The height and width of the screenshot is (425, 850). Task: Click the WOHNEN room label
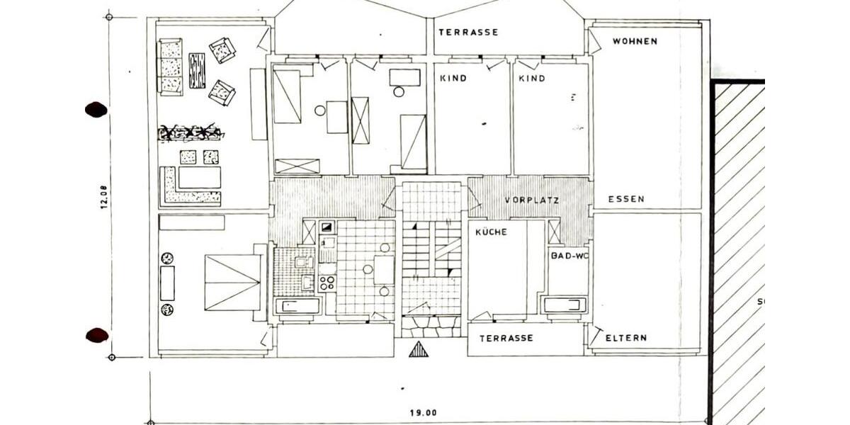[635, 41]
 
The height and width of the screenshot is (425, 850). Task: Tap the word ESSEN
[626, 199]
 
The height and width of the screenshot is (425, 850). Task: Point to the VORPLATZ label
[532, 200]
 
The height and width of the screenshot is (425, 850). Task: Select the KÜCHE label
[491, 232]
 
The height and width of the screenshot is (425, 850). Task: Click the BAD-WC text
[569, 256]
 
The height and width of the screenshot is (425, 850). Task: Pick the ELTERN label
[626, 338]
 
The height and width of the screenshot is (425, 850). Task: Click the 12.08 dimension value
[103, 197]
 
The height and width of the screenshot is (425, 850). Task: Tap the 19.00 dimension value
[424, 412]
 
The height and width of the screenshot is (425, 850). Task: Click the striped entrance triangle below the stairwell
[419, 349]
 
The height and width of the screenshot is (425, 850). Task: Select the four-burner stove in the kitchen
[327, 283]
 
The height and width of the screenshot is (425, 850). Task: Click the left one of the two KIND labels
[453, 79]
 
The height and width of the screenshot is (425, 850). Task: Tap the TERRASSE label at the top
[469, 33]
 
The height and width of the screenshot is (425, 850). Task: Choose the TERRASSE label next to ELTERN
[506, 338]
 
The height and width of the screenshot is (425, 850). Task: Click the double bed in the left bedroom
[232, 283]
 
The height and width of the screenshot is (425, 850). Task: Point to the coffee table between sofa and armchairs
[197, 71]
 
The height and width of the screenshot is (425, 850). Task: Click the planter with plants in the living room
[191, 133]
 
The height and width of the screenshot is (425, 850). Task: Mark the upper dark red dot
[96, 110]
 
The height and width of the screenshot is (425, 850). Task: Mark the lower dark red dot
[97, 336]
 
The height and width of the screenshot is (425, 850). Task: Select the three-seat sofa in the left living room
[170, 67]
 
